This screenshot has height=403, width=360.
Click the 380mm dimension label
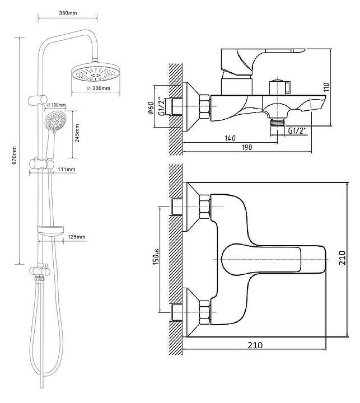click(68, 13)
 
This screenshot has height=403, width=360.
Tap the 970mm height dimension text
click(14, 156)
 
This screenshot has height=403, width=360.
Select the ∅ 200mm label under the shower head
click(98, 88)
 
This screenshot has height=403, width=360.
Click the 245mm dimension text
click(77, 133)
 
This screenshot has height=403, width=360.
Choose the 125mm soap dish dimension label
click(76, 237)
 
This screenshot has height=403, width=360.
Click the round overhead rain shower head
click(96, 72)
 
